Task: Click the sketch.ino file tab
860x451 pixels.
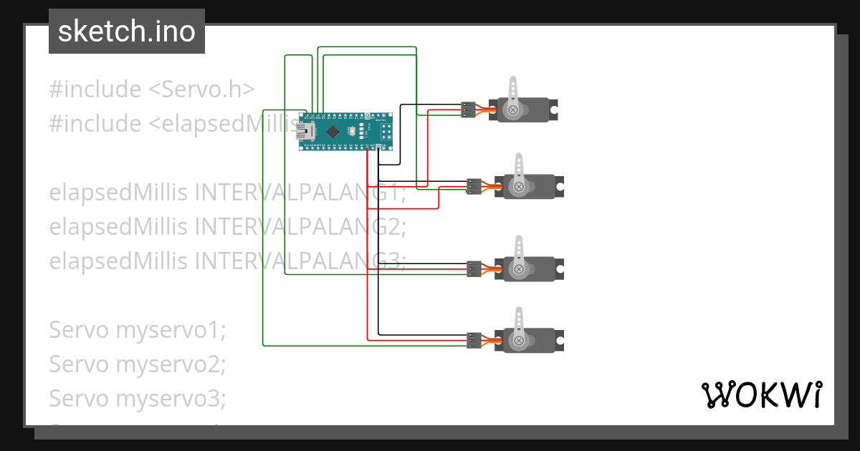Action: tap(126, 31)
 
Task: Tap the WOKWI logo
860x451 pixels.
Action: tap(760, 394)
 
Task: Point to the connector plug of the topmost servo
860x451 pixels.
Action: tap(468, 110)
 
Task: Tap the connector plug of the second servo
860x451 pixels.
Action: tap(474, 186)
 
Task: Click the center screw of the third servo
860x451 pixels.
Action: tap(518, 269)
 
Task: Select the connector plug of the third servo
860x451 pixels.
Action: tap(474, 268)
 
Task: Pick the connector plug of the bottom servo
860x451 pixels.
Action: tap(474, 340)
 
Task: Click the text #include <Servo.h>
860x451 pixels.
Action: tap(152, 89)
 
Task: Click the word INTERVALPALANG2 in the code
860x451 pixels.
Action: tap(300, 227)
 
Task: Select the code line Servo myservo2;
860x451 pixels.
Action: tap(137, 364)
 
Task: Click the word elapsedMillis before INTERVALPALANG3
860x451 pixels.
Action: tap(119, 261)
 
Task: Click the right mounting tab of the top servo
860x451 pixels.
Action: tap(554, 110)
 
